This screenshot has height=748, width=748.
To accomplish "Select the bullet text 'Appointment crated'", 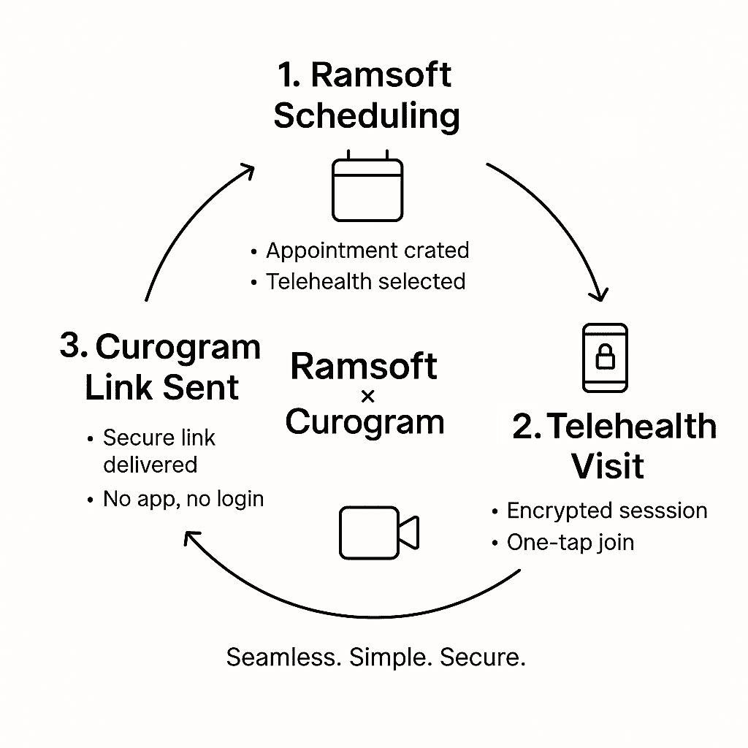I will click(x=367, y=251).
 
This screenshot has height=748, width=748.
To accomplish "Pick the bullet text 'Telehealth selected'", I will click(x=365, y=281).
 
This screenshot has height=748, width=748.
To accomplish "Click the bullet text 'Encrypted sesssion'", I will click(x=606, y=511).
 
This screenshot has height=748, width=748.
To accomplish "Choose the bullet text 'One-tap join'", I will click(x=570, y=543).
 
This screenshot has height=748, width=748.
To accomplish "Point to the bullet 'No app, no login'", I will click(x=183, y=499).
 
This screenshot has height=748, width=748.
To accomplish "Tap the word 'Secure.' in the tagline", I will click(x=483, y=657).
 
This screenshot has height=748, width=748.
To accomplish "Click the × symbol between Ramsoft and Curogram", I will click(x=367, y=397).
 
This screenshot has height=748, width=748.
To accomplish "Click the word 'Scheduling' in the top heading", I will click(x=367, y=116).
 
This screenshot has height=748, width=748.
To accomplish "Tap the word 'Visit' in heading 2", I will click(x=608, y=465).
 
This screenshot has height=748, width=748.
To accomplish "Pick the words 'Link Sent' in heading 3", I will click(x=162, y=388).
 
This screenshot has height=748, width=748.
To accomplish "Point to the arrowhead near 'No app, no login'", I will click(x=191, y=538).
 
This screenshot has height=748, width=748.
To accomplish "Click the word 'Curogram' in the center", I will click(x=365, y=421).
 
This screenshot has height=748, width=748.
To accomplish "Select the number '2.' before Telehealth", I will click(x=527, y=427).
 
